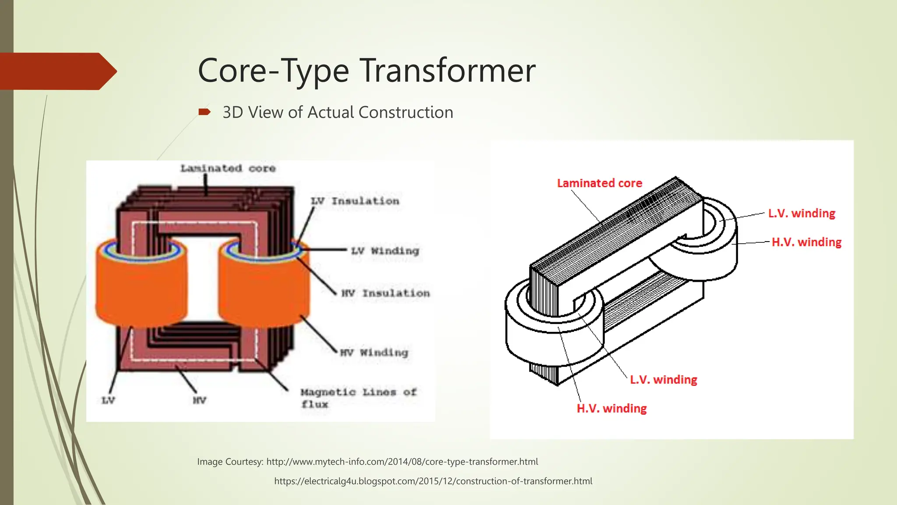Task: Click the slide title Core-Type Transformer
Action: click(366, 71)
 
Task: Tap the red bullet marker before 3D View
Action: click(204, 112)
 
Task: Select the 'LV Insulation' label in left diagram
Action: click(355, 201)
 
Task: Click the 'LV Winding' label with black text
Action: click(385, 251)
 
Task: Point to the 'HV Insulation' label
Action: click(385, 293)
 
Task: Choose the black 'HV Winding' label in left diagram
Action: click(374, 352)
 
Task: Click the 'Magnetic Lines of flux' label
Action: click(358, 398)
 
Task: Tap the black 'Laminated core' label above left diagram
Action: click(228, 168)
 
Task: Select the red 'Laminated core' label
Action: click(599, 183)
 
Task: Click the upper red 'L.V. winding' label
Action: click(802, 213)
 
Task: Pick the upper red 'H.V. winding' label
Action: click(806, 242)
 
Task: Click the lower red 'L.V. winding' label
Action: click(663, 380)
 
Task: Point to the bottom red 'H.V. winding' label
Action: click(611, 409)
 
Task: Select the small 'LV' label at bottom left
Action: click(108, 400)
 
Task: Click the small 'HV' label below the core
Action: click(199, 400)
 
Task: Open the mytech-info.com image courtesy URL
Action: click(402, 462)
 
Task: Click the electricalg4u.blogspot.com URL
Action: click(433, 481)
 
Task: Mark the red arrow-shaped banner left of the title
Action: click(57, 71)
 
